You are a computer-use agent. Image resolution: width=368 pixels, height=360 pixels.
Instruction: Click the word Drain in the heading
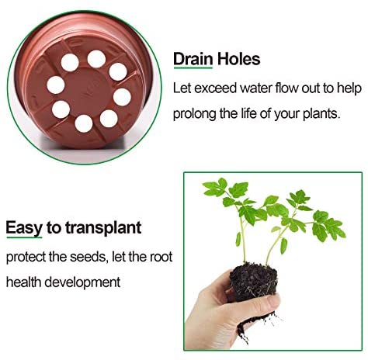(x=193, y=59)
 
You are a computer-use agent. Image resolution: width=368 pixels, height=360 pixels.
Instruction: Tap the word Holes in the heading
(x=238, y=59)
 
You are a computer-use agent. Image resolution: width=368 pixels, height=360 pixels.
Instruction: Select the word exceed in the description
(x=216, y=88)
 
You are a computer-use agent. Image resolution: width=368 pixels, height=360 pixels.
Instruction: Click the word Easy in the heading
(x=24, y=228)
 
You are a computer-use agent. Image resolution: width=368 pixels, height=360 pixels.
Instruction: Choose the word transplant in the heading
(x=103, y=228)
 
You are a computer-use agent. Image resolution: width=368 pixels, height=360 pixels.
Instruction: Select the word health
(x=23, y=282)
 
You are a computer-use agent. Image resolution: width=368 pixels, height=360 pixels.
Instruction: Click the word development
(x=82, y=282)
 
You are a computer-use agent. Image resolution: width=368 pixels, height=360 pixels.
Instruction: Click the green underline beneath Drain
(x=193, y=67)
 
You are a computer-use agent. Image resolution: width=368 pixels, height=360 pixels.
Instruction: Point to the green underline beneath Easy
(x=24, y=237)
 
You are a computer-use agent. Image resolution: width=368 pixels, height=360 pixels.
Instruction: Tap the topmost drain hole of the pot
(x=96, y=59)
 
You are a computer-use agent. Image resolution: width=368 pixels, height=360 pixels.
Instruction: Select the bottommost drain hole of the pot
(x=84, y=123)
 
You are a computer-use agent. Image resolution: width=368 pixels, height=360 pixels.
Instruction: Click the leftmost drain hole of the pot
(x=56, y=85)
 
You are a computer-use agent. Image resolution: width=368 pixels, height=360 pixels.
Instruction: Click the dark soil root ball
(x=253, y=282)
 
